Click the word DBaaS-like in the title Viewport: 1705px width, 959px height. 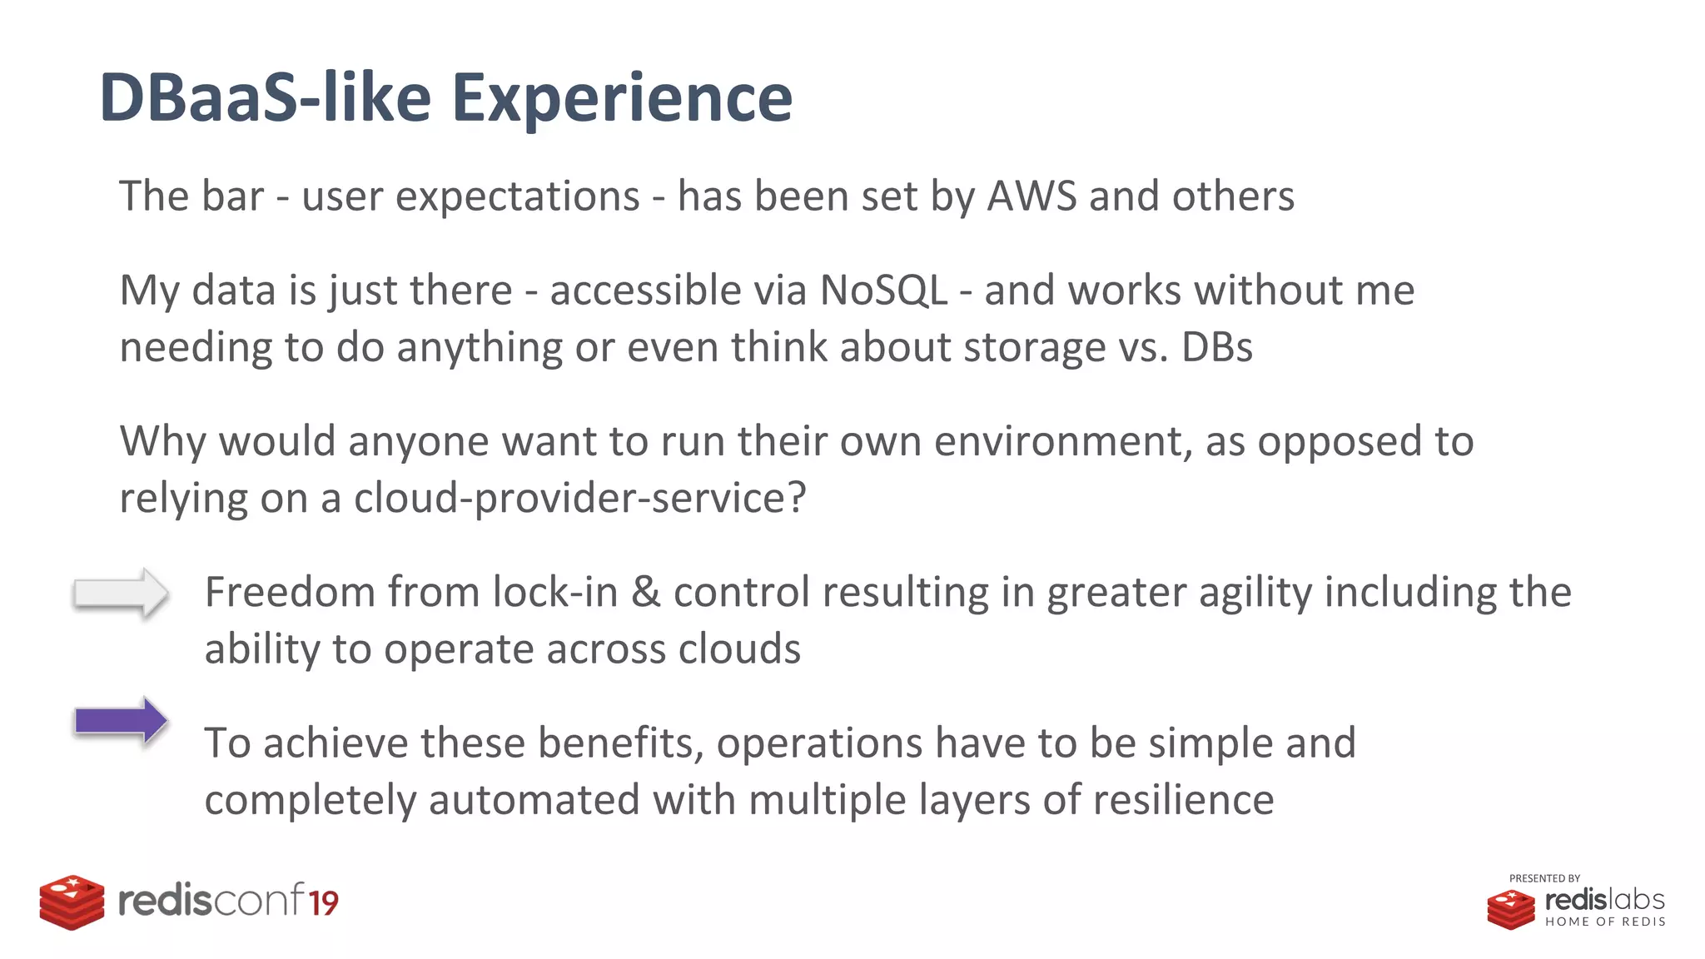tap(265, 98)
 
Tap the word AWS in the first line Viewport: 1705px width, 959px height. tap(1031, 196)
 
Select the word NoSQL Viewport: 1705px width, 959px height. tap(883, 291)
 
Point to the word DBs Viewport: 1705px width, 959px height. tap(1216, 347)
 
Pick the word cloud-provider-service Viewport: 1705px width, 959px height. tap(579, 499)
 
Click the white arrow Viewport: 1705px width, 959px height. tap(121, 593)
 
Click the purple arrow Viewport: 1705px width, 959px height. tap(121, 720)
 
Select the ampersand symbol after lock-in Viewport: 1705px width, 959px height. tap(645, 593)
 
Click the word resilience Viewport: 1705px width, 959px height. tap(1183, 800)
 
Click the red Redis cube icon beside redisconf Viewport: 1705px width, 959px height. tap(72, 902)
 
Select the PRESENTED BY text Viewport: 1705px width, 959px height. tap(1544, 878)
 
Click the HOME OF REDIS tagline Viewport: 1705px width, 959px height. tap(1605, 922)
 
